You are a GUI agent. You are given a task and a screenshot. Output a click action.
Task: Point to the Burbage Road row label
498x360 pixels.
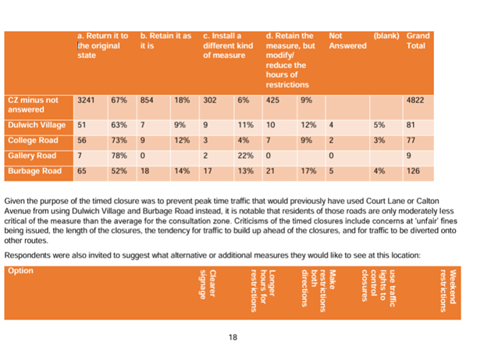pyautogui.click(x=34, y=169)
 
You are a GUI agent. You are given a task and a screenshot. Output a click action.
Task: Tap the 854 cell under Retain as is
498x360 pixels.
pyautogui.click(x=147, y=101)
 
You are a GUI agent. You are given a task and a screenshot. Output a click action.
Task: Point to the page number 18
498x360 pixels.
pyautogui.click(x=233, y=337)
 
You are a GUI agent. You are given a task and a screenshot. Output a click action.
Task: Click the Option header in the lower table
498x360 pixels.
pyautogui.click(x=19, y=271)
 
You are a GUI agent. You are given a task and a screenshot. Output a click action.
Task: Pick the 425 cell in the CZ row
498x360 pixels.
pyautogui.click(x=274, y=101)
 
